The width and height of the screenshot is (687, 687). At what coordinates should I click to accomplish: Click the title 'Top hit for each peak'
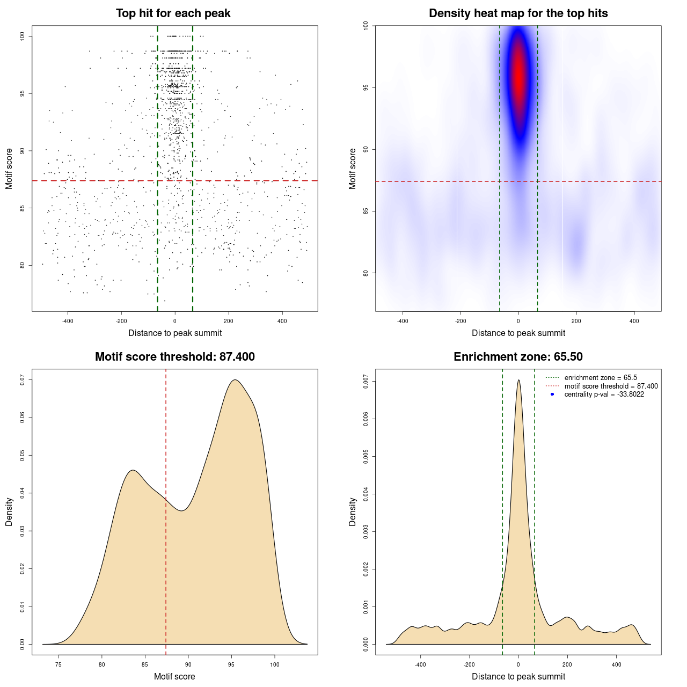point(173,13)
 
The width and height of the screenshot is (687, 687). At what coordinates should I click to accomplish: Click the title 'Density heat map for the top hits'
point(518,13)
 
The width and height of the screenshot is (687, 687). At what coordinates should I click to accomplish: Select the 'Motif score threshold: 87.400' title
point(174,357)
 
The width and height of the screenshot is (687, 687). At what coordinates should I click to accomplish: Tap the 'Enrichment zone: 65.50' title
point(518,357)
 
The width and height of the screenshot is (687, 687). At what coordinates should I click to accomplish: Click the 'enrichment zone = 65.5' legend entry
point(601,378)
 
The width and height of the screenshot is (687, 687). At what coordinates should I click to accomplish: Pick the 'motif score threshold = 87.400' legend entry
point(611,386)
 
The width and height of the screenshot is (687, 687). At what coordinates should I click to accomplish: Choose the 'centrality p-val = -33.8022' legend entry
point(604,394)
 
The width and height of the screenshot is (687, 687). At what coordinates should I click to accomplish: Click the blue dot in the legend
point(552,394)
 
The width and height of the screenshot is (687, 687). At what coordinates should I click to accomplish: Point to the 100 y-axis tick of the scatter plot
point(23,36)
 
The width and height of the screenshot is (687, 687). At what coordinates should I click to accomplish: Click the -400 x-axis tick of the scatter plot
point(68,321)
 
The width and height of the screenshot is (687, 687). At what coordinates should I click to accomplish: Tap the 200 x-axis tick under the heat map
point(576,321)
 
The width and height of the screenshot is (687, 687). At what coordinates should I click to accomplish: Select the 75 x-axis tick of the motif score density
point(59,664)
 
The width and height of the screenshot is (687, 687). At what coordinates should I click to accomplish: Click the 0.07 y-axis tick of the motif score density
point(23,380)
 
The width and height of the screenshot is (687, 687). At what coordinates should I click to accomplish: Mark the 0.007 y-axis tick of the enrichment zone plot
point(366,382)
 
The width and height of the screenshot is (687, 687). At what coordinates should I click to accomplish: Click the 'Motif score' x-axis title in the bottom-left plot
point(174,676)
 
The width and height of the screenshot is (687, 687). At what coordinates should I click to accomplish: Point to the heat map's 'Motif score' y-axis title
point(353,169)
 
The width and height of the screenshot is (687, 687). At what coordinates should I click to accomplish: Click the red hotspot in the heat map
point(518,75)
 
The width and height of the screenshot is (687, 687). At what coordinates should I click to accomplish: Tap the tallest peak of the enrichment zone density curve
point(518,381)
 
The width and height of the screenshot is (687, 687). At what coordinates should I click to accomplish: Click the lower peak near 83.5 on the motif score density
point(133,471)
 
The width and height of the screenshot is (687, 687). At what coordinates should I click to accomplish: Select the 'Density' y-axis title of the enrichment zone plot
point(353,511)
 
